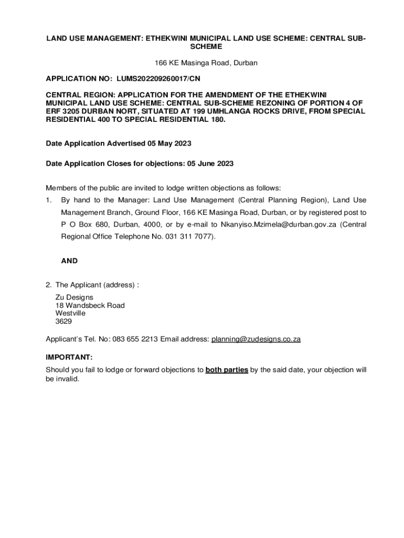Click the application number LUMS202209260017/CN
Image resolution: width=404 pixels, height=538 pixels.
[158, 79]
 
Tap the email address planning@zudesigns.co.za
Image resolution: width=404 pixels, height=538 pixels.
[256, 339]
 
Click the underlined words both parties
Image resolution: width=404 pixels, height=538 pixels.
[227, 370]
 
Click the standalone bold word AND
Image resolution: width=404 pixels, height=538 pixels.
[69, 261]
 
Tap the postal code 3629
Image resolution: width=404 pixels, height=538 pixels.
[63, 321]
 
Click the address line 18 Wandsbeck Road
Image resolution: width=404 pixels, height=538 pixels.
[90, 305]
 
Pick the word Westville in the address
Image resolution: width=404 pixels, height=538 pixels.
[70, 313]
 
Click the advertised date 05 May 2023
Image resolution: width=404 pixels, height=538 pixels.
[169, 143]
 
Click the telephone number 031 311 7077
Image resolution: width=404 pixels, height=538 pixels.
[188, 236]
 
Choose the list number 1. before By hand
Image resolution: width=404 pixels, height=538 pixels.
[49, 200]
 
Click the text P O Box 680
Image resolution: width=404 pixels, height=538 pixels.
[83, 224]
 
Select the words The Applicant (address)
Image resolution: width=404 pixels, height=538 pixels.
[95, 285]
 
